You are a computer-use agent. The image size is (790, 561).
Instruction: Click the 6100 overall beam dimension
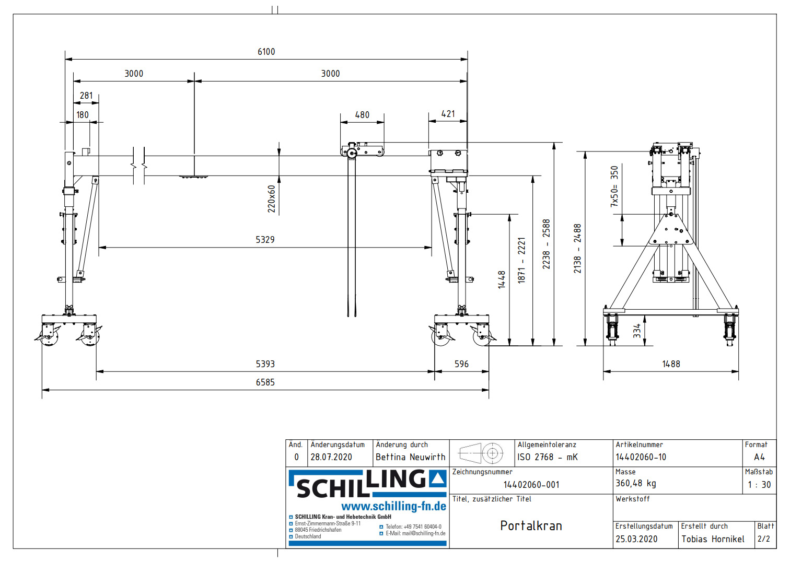click(266, 52)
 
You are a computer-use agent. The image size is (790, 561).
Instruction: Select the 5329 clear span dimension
click(265, 240)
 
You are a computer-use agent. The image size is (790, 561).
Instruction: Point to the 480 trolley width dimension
click(362, 115)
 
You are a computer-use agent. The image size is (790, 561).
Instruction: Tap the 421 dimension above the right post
click(448, 114)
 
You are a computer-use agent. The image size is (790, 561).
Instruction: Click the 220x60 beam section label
click(272, 198)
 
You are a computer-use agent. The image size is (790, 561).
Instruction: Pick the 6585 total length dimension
click(265, 382)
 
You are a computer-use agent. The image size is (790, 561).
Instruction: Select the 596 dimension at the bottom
click(461, 364)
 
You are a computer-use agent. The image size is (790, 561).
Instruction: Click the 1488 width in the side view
click(671, 364)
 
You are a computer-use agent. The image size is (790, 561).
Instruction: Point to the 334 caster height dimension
click(637, 331)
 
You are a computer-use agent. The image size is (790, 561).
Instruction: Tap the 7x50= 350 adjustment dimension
click(614, 186)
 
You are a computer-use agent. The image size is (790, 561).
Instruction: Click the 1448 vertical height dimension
click(502, 279)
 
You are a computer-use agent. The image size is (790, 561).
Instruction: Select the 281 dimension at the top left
click(86, 96)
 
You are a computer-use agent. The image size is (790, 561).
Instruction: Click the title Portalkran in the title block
click(531, 526)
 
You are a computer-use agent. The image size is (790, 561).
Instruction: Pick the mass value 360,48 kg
click(635, 484)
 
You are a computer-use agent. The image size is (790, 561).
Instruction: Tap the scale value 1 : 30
click(759, 485)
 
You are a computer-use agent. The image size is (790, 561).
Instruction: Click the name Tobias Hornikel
click(713, 539)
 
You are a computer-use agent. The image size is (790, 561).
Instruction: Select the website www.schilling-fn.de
click(393, 506)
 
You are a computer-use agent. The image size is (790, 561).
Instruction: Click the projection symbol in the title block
click(481, 453)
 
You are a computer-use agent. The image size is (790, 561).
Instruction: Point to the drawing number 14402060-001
click(531, 485)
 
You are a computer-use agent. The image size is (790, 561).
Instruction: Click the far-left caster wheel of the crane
click(49, 336)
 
